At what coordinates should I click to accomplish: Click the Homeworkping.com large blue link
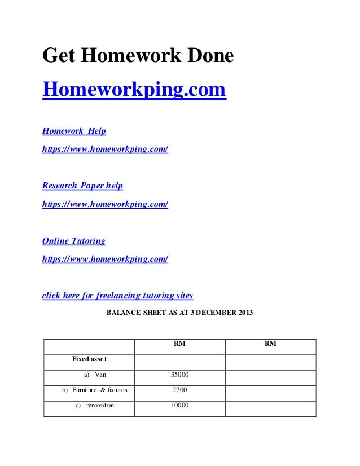click(134, 90)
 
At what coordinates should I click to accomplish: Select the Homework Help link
click(74, 131)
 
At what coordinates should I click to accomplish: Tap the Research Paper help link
click(82, 186)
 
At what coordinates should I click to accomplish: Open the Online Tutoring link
click(74, 241)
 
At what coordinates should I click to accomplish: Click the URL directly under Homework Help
click(106, 150)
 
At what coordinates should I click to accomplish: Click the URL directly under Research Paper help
click(106, 204)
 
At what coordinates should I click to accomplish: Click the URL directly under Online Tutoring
click(106, 259)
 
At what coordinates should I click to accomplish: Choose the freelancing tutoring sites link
click(118, 296)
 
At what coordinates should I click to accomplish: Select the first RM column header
click(179, 344)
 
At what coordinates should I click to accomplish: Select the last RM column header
click(270, 344)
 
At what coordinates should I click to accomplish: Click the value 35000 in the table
click(179, 374)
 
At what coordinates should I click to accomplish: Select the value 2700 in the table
click(179, 390)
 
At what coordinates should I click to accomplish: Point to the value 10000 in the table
click(179, 406)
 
